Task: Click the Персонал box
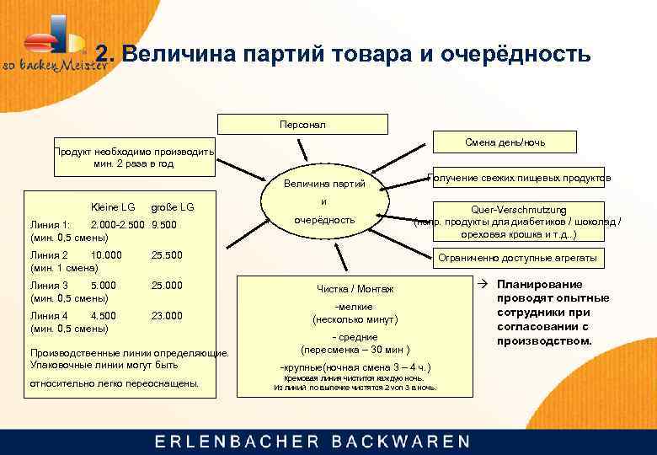pyautogui.click(x=302, y=124)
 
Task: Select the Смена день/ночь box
pyautogui.click(x=504, y=142)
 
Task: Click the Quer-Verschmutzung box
pyautogui.click(x=518, y=222)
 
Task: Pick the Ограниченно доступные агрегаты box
pyautogui.click(x=518, y=258)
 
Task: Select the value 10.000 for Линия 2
pyautogui.click(x=106, y=254)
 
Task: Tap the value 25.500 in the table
pyautogui.click(x=166, y=254)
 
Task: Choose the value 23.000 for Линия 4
pyautogui.click(x=166, y=316)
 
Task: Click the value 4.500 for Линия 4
pyautogui.click(x=104, y=316)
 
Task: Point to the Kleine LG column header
pyautogui.click(x=112, y=206)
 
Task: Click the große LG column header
pyautogui.click(x=172, y=206)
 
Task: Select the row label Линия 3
pyautogui.click(x=48, y=286)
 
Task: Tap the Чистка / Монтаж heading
pyautogui.click(x=355, y=289)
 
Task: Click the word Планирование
pyautogui.click(x=539, y=285)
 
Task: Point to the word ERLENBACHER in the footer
pyautogui.click(x=237, y=441)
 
